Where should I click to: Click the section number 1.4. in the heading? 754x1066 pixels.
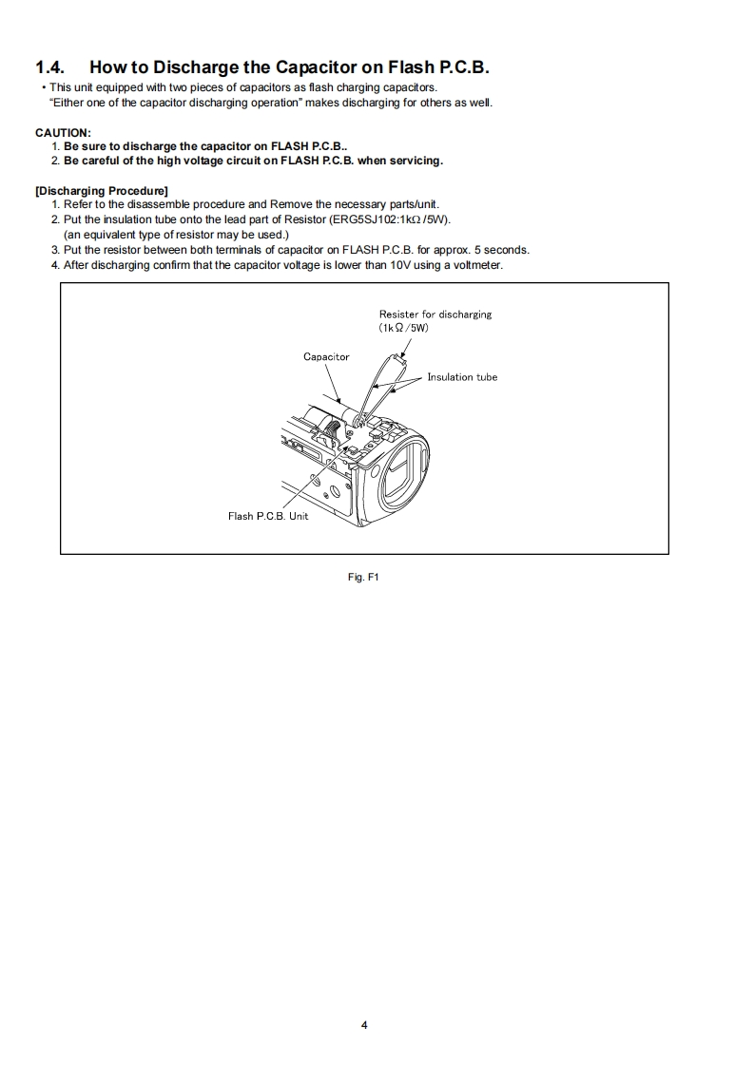click(52, 67)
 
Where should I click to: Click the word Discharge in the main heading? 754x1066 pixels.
click(182, 67)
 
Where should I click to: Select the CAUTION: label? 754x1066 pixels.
click(63, 132)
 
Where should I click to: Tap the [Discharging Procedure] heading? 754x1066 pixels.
click(102, 191)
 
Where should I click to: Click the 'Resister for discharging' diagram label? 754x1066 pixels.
click(435, 314)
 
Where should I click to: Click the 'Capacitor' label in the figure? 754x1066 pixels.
click(326, 357)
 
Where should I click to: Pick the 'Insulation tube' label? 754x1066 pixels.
click(462, 377)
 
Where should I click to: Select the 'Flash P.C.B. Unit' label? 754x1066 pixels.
click(268, 517)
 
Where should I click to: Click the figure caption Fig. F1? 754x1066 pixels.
click(364, 576)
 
